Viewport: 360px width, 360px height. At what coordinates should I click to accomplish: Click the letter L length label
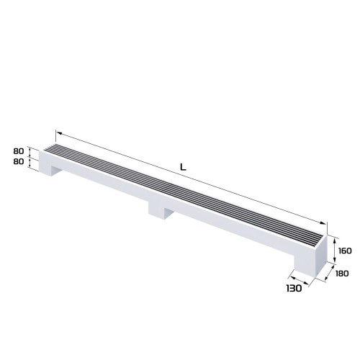tap(183, 168)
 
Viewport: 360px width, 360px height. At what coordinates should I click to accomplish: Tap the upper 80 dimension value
tap(18, 152)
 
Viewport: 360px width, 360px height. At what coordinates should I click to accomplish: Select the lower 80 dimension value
tap(18, 163)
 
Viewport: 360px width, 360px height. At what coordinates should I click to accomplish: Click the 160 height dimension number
tap(343, 251)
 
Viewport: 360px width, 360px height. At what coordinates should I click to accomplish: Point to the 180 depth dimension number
tap(341, 273)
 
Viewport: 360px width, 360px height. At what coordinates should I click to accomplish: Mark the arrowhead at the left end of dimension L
tap(58, 133)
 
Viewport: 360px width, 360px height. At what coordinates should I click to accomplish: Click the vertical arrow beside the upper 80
tap(30, 152)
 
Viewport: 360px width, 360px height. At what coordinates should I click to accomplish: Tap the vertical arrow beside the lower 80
tap(30, 163)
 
